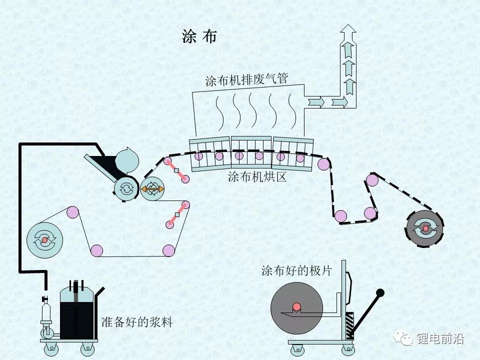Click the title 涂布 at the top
pyautogui.click(x=199, y=37)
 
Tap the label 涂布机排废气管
pyautogui.click(x=245, y=80)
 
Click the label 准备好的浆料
pyautogui.click(x=136, y=322)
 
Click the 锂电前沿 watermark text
pyautogui.click(x=440, y=339)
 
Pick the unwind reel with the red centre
pyautogui.click(x=44, y=240)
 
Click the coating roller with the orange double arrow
pyautogui.click(x=152, y=188)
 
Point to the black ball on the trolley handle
pyautogui.click(x=380, y=292)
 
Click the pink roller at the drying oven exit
pyautogui.click(x=323, y=163)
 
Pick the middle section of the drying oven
pyautogui.click(x=251, y=152)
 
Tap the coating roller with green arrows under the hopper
pyautogui.click(x=126, y=188)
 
